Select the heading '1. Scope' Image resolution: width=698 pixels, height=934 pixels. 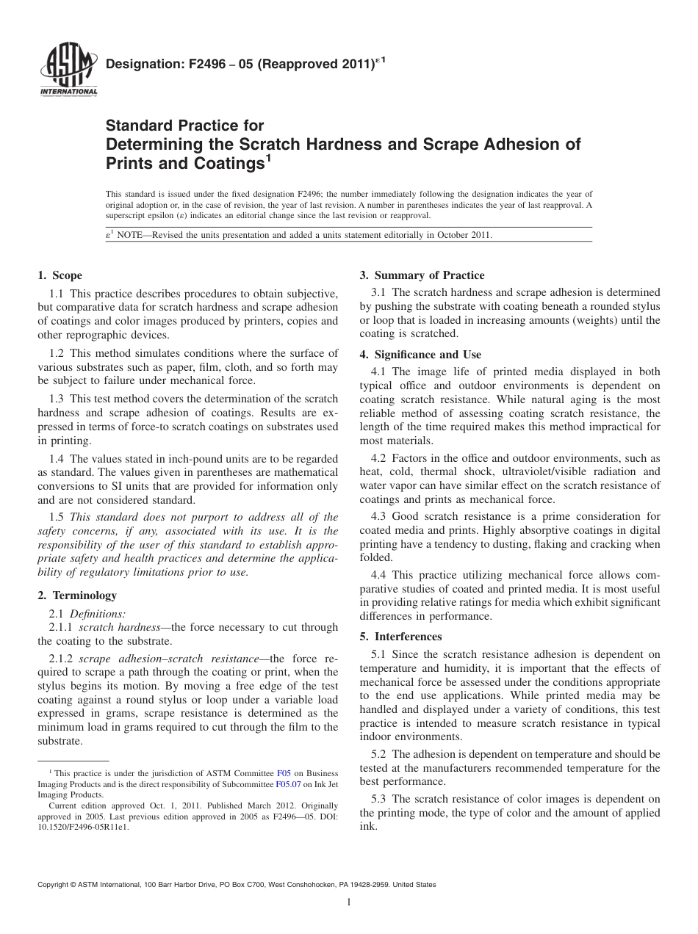(60, 275)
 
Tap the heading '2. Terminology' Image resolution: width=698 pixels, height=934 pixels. (76, 595)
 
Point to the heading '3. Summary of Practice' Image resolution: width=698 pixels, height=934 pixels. (422, 275)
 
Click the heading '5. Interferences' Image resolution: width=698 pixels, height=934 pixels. (400, 637)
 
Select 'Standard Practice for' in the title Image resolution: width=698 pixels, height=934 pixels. (185, 126)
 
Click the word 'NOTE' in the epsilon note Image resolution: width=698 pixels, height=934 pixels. (132, 235)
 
